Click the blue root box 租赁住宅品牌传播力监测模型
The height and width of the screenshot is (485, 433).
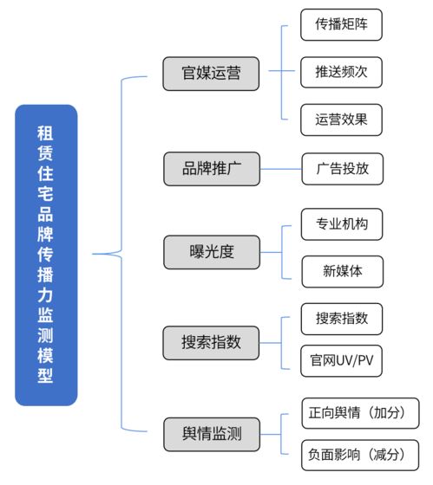click(x=46, y=255)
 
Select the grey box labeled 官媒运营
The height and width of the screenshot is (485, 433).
click(x=211, y=73)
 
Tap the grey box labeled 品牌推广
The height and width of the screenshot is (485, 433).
click(x=211, y=168)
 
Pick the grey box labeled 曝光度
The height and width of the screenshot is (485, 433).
click(x=211, y=252)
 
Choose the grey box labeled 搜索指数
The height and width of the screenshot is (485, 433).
click(x=211, y=343)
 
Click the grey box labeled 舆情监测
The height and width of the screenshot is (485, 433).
click(x=211, y=435)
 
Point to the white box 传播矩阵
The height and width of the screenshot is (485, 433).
click(x=341, y=25)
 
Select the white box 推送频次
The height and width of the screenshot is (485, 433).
click(x=341, y=72)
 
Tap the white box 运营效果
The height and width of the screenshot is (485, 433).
click(x=341, y=120)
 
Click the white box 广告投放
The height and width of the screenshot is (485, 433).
click(x=341, y=168)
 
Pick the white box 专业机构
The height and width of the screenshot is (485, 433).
click(x=341, y=224)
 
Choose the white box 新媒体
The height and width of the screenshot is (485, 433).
click(x=341, y=271)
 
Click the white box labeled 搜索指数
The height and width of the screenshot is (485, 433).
click(x=341, y=318)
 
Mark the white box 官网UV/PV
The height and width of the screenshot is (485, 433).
click(x=341, y=359)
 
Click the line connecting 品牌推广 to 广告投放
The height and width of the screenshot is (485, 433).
click(x=280, y=168)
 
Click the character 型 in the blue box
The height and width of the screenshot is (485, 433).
click(x=46, y=377)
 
